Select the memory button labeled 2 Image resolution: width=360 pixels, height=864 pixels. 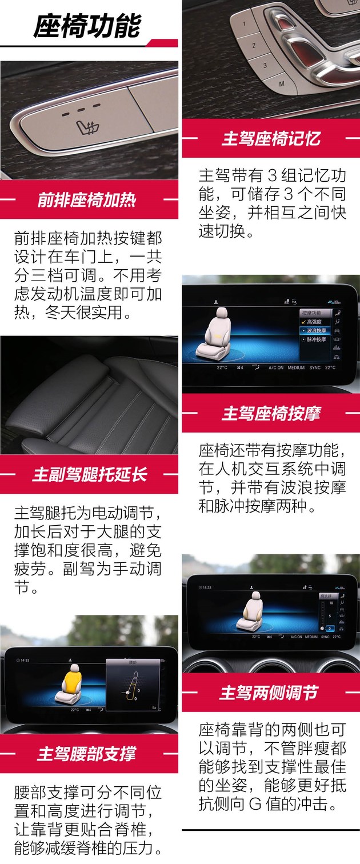[254, 44]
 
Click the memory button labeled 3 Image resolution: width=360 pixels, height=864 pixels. [265, 65]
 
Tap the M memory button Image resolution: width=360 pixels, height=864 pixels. [281, 84]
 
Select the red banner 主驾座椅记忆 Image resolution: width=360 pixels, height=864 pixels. [271, 139]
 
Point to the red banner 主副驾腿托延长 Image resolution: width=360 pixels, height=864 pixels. [89, 474]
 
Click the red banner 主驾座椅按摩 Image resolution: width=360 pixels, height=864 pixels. [271, 413]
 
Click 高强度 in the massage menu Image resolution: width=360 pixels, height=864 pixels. [315, 322]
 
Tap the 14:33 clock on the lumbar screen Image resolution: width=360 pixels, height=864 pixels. [25, 660]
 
